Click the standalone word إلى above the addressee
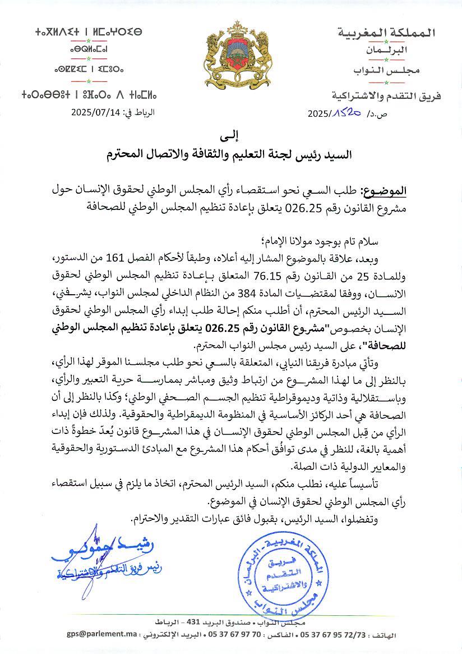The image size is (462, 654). point(230,136)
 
